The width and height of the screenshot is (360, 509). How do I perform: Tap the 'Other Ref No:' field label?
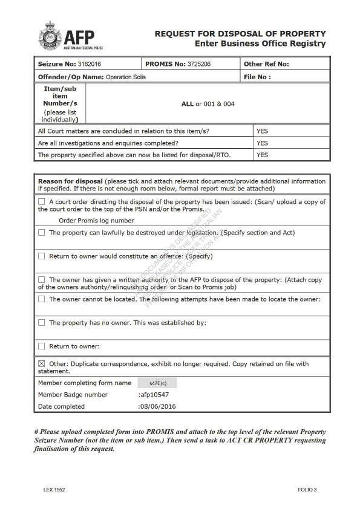[x=266, y=64]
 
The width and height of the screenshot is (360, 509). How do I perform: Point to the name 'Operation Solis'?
[x=125, y=77]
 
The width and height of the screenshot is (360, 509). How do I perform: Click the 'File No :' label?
[x=257, y=77]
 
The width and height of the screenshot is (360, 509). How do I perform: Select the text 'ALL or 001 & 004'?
[x=208, y=104]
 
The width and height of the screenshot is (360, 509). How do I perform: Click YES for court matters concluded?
[x=262, y=131]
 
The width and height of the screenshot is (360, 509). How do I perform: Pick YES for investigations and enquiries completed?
[x=262, y=143]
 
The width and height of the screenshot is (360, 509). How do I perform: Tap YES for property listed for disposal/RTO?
[x=262, y=155]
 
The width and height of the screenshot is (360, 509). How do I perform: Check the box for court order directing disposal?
[x=42, y=202]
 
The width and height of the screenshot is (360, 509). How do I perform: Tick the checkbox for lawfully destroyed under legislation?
[x=42, y=233]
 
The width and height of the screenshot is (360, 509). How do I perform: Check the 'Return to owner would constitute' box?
[x=42, y=256]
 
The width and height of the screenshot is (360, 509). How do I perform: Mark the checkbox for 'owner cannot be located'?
[x=42, y=299]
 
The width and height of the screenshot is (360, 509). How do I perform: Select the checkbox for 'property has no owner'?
[x=42, y=323]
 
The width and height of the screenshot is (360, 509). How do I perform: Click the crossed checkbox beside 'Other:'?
[x=42, y=364]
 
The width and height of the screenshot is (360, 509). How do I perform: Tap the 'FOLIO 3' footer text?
[x=307, y=489]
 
